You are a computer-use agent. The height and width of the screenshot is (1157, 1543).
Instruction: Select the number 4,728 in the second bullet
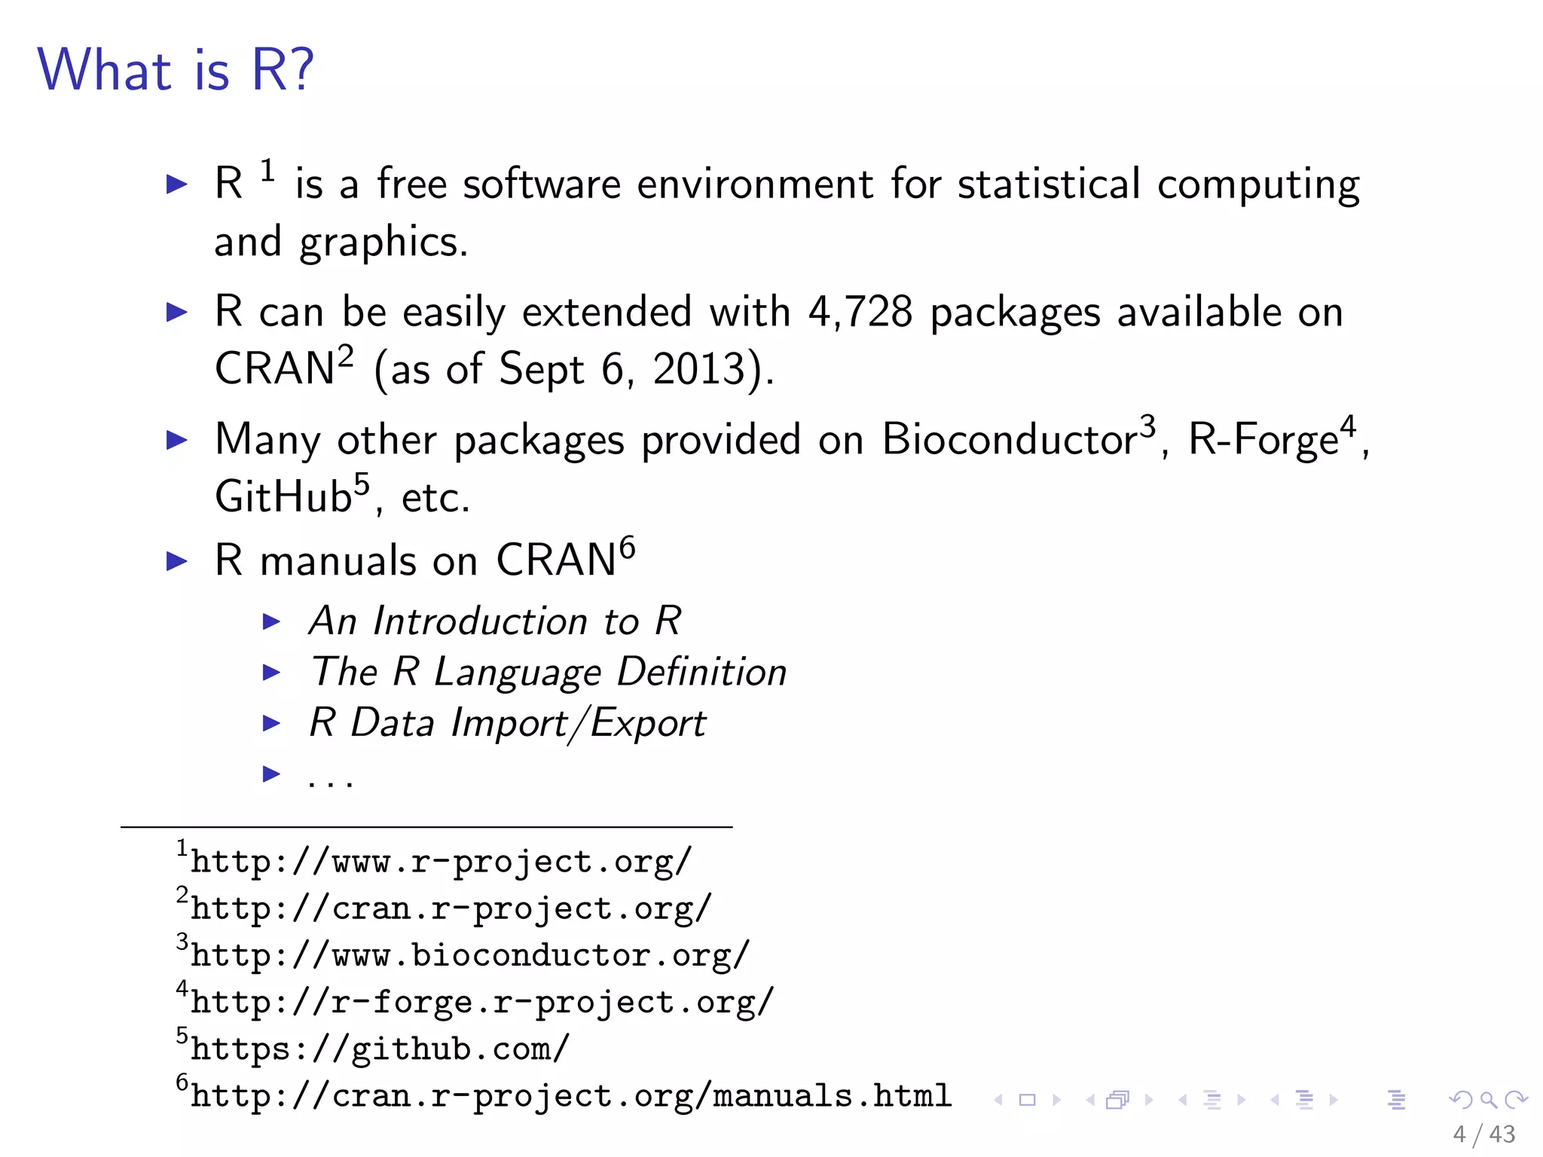point(860,311)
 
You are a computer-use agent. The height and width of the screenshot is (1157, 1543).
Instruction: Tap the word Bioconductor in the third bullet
point(1010,439)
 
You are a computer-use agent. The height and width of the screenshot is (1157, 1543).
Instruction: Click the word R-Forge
point(1263,439)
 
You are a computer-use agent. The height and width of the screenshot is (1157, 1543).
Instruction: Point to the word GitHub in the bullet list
point(283,496)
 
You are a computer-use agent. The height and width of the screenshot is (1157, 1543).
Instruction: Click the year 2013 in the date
point(698,369)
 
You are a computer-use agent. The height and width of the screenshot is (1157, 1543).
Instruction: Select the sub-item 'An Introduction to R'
point(495,621)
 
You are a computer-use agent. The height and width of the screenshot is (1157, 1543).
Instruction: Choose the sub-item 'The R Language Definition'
point(548,671)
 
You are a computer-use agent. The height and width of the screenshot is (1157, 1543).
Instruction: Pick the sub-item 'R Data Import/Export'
point(507,722)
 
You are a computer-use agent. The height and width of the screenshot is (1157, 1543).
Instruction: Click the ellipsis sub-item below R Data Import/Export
point(330,776)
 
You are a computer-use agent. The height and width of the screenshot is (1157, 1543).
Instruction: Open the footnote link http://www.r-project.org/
point(441,862)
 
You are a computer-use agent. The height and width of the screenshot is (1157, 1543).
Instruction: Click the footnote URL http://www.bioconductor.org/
point(469,955)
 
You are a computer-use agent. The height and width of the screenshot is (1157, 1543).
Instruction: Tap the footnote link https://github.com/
point(380,1049)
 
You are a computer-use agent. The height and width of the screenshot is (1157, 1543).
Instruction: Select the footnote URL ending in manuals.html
point(570,1096)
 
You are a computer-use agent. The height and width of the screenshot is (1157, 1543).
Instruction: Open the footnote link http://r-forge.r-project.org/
point(481,1002)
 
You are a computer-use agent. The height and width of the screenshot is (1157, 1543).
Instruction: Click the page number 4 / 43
point(1483,1134)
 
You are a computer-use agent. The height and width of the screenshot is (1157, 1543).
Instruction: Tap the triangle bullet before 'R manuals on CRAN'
point(176,560)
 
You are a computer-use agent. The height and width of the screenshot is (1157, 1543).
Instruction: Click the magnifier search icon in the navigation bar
point(1488,1100)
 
